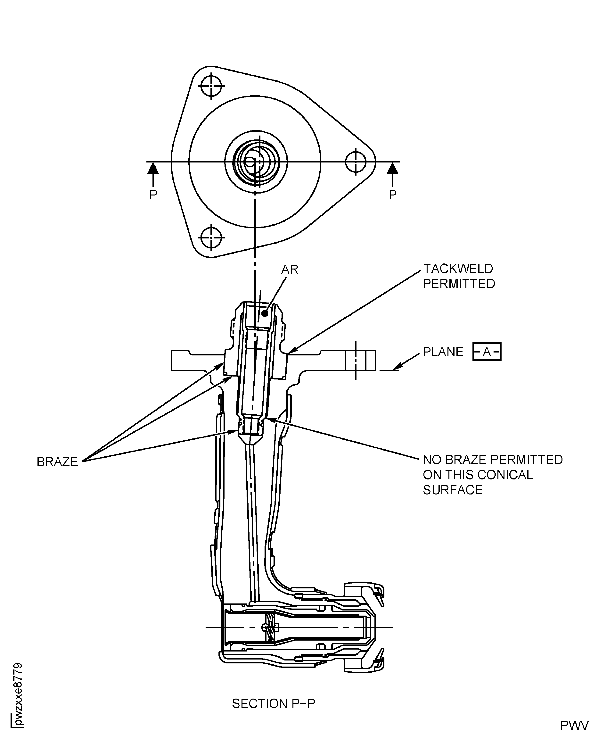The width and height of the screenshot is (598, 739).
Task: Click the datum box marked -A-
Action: [x=487, y=352]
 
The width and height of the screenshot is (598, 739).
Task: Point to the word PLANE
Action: [x=443, y=352]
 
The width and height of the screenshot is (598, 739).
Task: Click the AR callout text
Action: [x=290, y=270]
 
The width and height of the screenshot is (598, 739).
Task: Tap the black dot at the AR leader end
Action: [x=265, y=313]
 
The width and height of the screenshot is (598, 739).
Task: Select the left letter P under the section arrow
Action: [x=153, y=195]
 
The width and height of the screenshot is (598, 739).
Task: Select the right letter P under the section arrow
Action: [x=392, y=195]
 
